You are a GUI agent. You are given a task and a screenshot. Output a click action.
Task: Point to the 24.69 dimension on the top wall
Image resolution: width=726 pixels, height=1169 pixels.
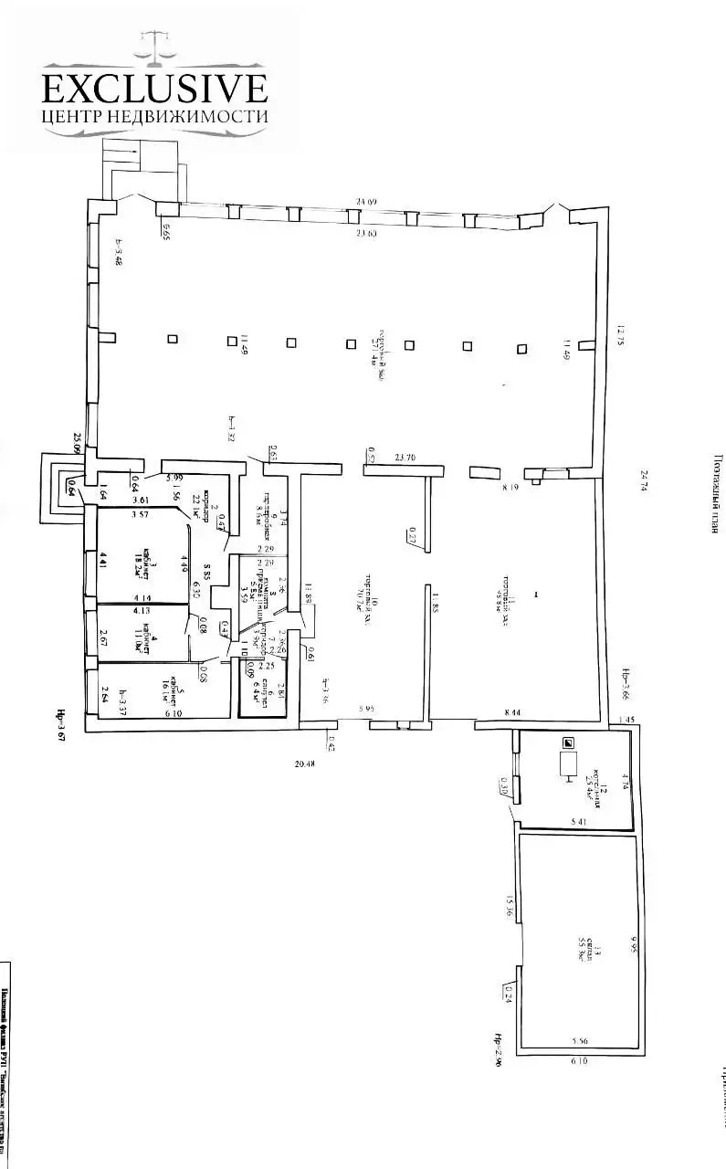pyautogui.click(x=367, y=202)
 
